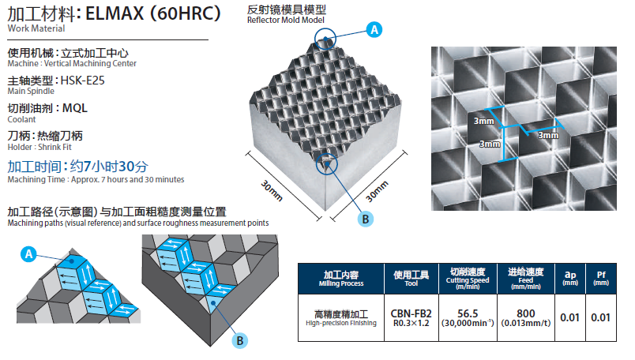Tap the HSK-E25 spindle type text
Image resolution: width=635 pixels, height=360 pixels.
click(x=84, y=80)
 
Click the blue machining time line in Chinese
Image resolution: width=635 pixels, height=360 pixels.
click(x=77, y=166)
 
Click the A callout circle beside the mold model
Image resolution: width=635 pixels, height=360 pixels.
click(x=374, y=29)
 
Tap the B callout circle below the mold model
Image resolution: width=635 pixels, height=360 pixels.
click(x=365, y=219)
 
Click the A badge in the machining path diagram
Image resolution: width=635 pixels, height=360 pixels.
click(x=29, y=254)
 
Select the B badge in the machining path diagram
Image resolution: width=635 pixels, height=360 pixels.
click(x=240, y=340)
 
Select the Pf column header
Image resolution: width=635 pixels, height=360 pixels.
click(x=600, y=278)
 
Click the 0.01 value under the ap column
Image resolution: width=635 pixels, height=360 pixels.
click(x=569, y=317)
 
